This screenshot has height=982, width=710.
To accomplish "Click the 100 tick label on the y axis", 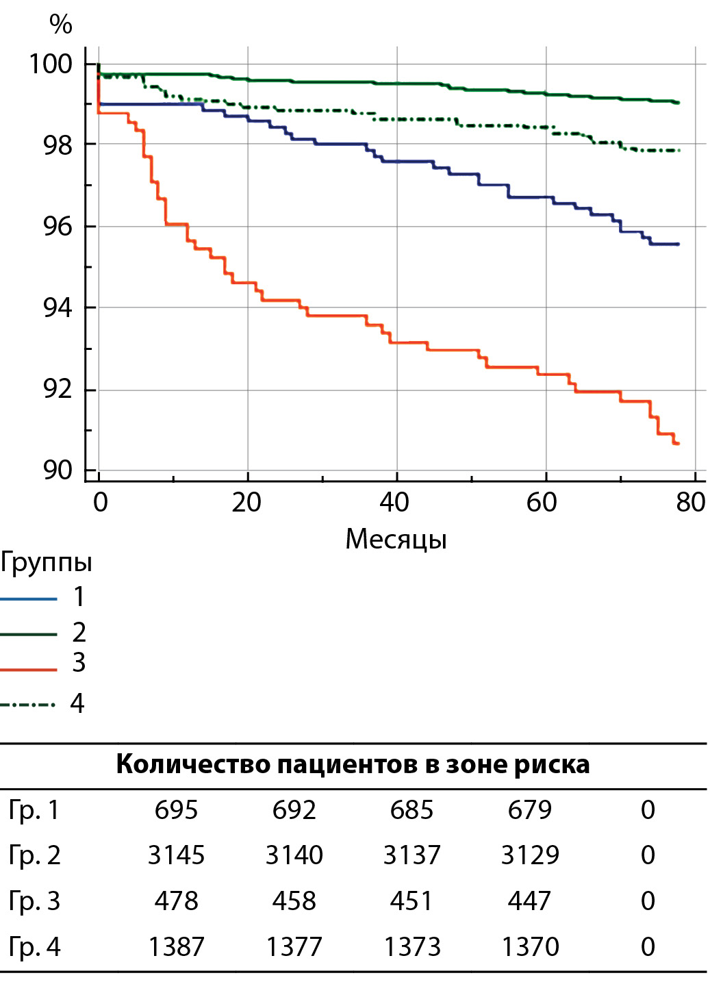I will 50,64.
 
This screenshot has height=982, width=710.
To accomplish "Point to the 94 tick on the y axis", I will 58,308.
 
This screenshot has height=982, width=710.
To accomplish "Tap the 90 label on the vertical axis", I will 58,470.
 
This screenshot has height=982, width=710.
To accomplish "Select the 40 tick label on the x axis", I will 394,503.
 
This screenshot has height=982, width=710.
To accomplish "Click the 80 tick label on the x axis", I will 690,503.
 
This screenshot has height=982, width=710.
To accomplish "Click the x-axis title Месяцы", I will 396,539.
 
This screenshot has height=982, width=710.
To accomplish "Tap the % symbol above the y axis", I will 60,25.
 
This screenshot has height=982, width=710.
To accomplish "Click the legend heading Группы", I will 46,562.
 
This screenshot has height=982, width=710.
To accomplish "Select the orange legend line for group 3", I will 29,669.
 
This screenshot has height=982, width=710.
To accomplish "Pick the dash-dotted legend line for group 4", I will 29,704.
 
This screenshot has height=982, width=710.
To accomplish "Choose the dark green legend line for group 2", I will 29,634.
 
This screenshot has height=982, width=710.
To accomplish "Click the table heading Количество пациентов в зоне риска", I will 353,764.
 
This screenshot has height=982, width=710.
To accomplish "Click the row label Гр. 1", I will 34,810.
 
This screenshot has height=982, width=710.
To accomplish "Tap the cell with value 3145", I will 176,855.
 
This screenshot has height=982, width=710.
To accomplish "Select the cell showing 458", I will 294,901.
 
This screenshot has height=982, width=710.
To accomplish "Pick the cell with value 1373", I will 411,946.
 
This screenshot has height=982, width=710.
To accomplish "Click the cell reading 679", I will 529,810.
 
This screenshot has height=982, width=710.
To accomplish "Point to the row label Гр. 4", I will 34,946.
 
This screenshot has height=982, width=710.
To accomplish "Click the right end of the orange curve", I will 677,444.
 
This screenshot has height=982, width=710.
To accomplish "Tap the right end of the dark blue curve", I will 678,244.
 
